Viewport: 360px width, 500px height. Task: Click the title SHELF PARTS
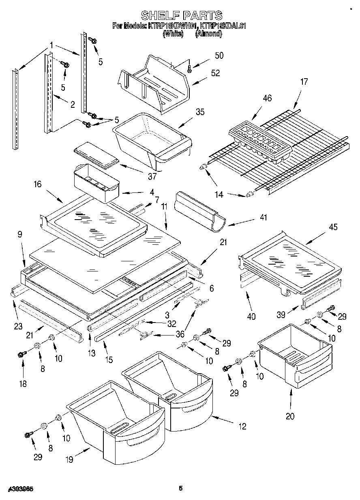181,15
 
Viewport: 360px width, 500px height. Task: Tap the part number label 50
219,56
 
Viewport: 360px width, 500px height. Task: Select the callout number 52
215,73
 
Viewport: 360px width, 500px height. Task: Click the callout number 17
304,81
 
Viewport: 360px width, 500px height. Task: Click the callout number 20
291,416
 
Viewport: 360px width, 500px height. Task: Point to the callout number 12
242,426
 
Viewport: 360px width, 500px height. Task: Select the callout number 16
37,184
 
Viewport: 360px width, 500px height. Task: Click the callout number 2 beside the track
72,105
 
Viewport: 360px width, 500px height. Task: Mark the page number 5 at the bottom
181,489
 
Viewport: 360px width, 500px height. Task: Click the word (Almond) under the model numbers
208,34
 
